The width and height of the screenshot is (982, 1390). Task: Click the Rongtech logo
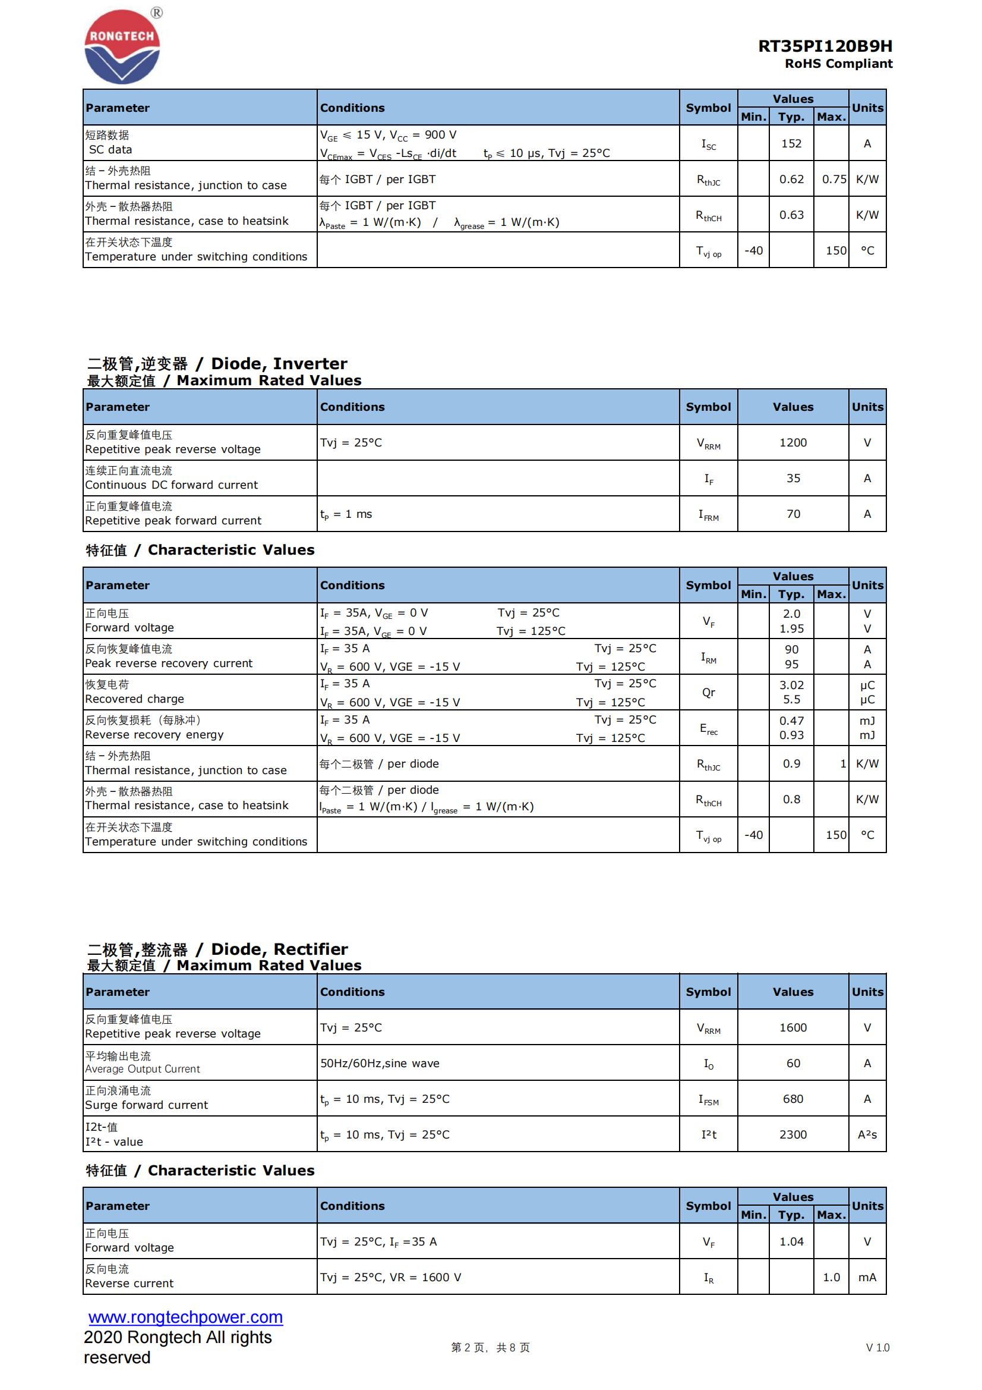pyautogui.click(x=122, y=46)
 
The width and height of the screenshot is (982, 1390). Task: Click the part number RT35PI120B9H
pyautogui.click(x=825, y=46)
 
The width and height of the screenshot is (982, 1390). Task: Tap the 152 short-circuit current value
pyautogui.click(x=791, y=143)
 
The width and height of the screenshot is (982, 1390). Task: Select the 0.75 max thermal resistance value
pyautogui.click(x=833, y=179)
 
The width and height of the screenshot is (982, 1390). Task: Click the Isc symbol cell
pyautogui.click(x=708, y=144)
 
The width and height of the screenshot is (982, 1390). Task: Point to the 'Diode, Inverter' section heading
pyautogui.click(x=217, y=363)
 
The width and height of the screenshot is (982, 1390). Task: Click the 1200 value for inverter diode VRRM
pyautogui.click(x=792, y=442)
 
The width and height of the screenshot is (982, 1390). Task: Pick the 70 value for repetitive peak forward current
pyautogui.click(x=792, y=514)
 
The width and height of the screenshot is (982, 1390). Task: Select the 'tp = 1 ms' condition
pyautogui.click(x=346, y=514)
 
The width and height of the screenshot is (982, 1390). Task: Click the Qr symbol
pyautogui.click(x=708, y=692)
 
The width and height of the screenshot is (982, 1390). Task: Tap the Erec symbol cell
pyautogui.click(x=708, y=728)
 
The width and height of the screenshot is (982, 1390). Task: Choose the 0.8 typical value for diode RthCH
pyautogui.click(x=791, y=799)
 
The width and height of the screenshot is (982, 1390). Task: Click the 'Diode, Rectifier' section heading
pyautogui.click(x=218, y=949)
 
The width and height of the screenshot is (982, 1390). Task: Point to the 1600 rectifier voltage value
pyautogui.click(x=792, y=1027)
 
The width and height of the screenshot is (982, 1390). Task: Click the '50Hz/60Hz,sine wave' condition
pyautogui.click(x=380, y=1063)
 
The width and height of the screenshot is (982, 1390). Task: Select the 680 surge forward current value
pyautogui.click(x=792, y=1099)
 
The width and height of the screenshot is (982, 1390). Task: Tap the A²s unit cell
pyautogui.click(x=866, y=1134)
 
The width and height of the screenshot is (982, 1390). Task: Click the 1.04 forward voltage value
pyautogui.click(x=791, y=1242)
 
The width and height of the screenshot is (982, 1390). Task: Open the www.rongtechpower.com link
pyautogui.click(x=185, y=1317)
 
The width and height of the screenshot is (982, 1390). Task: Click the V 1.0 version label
pyautogui.click(x=877, y=1348)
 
